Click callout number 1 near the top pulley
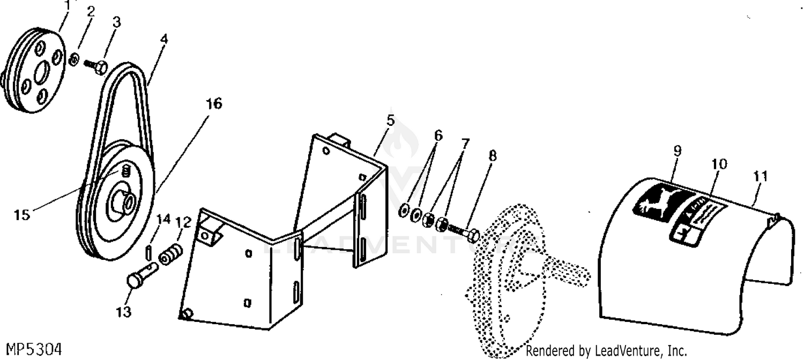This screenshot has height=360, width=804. [67, 5]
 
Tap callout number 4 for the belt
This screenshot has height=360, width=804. [162, 40]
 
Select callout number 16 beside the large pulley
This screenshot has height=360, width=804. [213, 103]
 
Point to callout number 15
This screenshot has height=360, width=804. [23, 215]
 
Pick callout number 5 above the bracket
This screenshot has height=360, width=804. [390, 120]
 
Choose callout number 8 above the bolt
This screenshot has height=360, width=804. [492, 156]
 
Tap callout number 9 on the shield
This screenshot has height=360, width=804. [678, 151]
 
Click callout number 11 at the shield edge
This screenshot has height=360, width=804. [760, 176]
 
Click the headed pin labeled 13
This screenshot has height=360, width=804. [141, 275]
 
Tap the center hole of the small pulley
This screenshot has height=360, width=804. [43, 71]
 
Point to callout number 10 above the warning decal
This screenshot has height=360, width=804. [719, 164]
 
